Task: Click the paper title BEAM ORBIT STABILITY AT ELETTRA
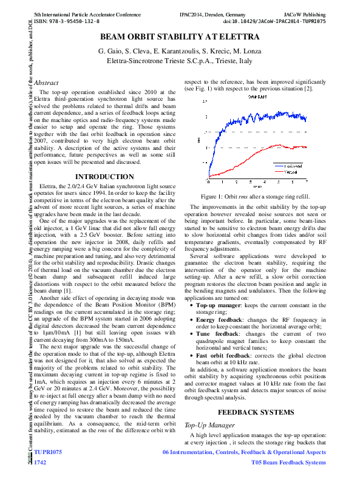click(x=180, y=38)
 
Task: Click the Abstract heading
click(x=47, y=83)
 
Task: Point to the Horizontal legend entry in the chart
click(x=294, y=165)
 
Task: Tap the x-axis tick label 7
click(x=306, y=182)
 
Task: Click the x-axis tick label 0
click(x=208, y=182)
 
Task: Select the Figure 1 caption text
click(x=255, y=196)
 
